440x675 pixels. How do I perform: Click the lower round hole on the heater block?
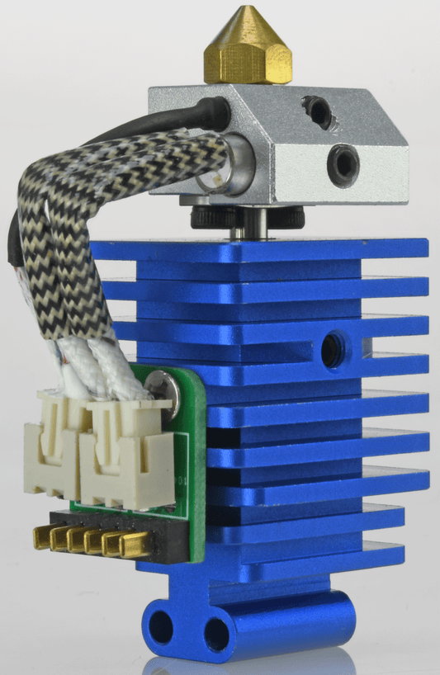coord(341,157)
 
